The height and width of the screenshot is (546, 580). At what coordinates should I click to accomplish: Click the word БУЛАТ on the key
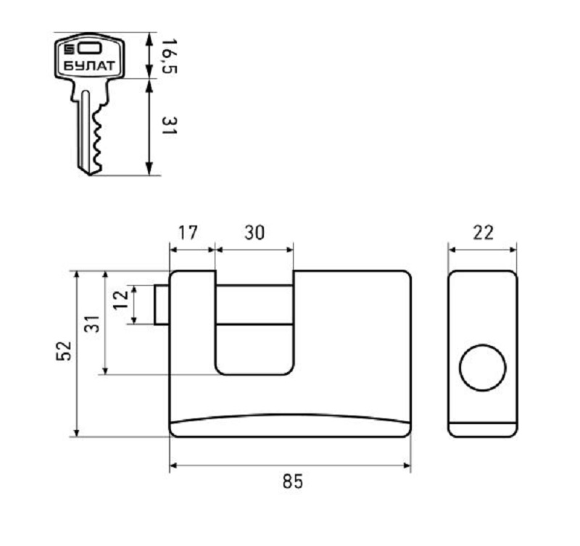[x=89, y=66]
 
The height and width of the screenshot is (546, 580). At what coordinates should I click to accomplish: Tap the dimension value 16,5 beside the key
[x=170, y=56]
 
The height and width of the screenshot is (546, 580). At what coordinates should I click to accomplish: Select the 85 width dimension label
[x=293, y=481]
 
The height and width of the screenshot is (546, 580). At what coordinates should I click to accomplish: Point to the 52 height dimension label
[x=63, y=350]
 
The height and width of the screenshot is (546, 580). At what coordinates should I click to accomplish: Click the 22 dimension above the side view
[x=483, y=233]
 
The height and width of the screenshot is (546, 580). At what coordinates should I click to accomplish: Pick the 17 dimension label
[x=188, y=233]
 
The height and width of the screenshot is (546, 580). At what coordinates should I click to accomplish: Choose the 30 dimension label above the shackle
[x=254, y=233]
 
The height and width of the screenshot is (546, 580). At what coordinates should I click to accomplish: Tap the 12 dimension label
[x=120, y=299]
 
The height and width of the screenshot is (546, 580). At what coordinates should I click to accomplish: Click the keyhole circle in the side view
[x=483, y=367]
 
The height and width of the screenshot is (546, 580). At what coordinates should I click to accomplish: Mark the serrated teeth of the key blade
[x=98, y=138]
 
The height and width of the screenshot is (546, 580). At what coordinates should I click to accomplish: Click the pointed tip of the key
[x=89, y=174]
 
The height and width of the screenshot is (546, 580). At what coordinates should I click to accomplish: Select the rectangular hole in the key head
[x=89, y=48]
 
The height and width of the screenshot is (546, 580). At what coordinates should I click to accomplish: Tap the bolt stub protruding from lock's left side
[x=161, y=305]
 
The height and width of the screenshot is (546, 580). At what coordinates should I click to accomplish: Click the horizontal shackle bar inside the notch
[x=254, y=305]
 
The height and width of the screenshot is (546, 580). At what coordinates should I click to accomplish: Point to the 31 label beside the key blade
[x=170, y=125]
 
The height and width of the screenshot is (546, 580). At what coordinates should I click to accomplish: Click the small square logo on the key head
[x=69, y=49]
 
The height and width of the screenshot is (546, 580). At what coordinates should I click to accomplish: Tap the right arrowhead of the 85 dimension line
[x=407, y=466]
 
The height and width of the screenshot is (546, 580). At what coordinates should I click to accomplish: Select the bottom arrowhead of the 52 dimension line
[x=77, y=432]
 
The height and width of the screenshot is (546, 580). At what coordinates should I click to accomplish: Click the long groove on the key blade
[x=86, y=130]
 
